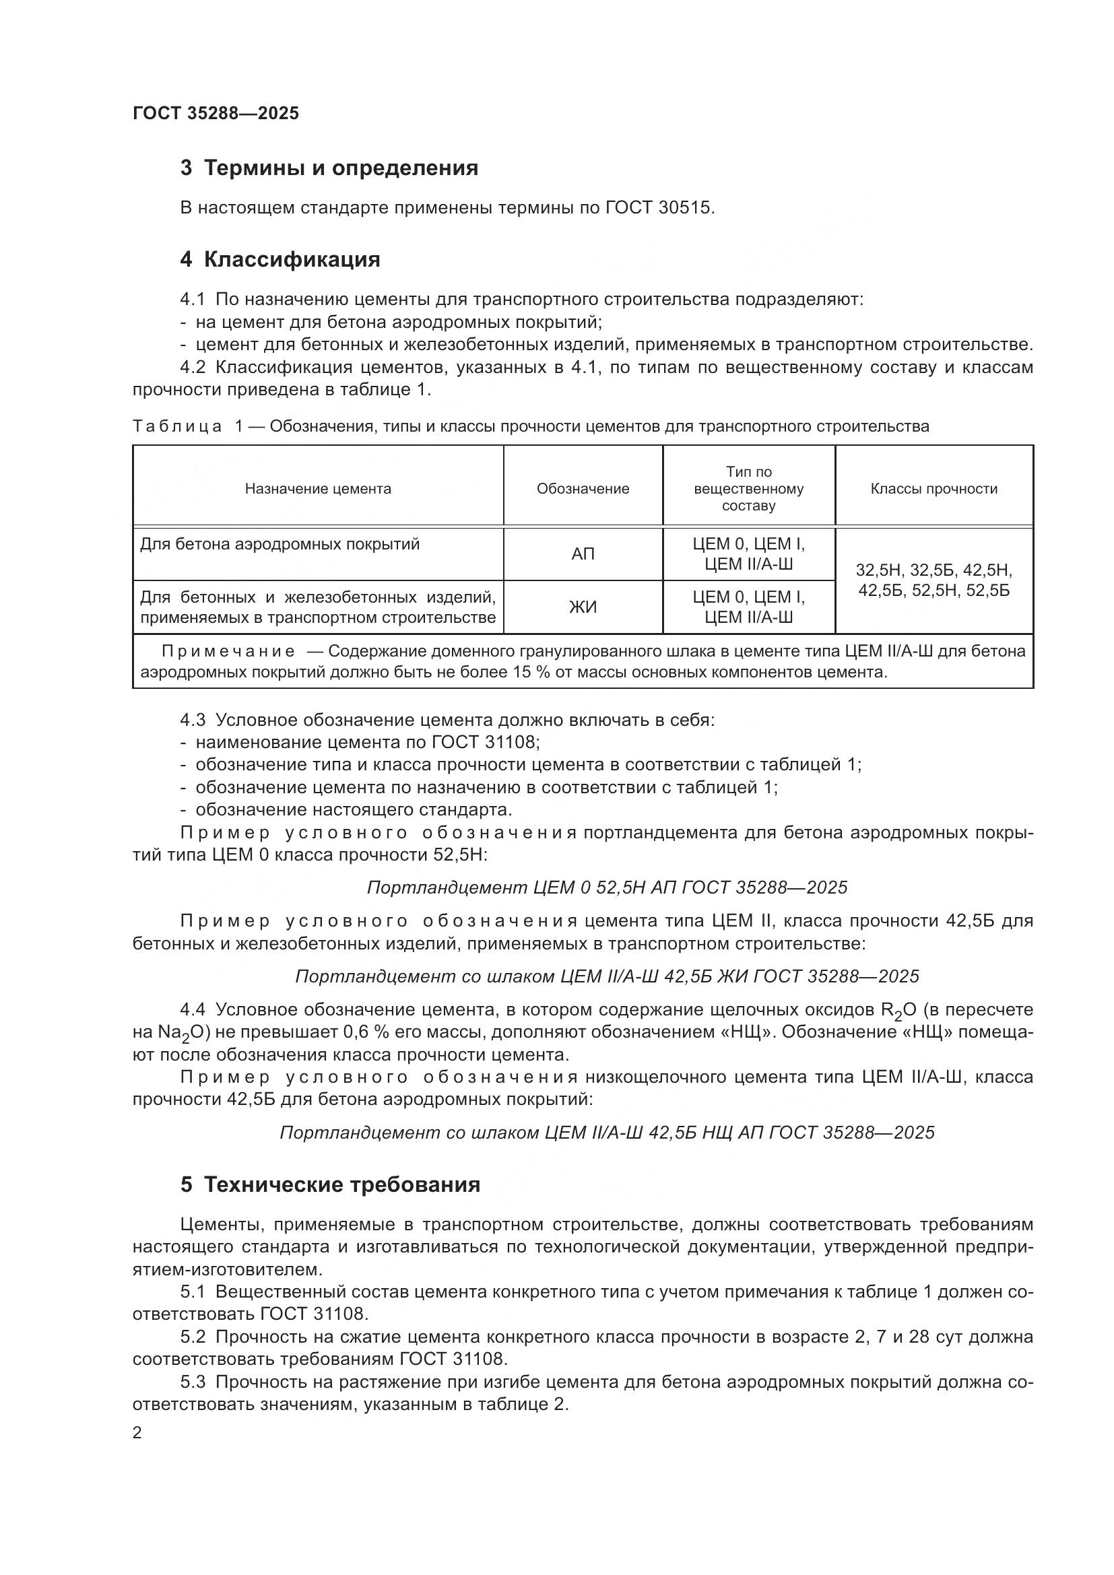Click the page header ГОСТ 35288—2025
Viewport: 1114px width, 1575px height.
(x=216, y=113)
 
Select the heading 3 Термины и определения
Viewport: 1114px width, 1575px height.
(x=329, y=168)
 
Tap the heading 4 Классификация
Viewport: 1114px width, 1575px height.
(x=280, y=259)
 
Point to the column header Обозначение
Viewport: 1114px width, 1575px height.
(x=583, y=488)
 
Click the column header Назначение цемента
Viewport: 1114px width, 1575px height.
(x=318, y=488)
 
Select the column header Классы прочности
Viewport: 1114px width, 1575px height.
(x=933, y=488)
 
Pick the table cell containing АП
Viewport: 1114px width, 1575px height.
(x=583, y=554)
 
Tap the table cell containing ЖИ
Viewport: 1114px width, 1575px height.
(x=583, y=607)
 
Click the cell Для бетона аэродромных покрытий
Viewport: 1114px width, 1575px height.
(x=280, y=544)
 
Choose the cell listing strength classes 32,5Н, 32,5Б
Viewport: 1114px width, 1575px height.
(x=933, y=580)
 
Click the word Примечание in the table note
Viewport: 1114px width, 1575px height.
(x=228, y=651)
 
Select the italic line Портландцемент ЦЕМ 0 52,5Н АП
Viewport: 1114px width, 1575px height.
(x=607, y=887)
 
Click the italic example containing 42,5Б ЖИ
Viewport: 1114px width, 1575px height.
(x=607, y=976)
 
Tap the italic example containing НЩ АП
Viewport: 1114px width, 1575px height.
(x=607, y=1133)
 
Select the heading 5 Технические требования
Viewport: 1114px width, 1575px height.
(x=330, y=1184)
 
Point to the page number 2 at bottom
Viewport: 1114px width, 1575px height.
(x=137, y=1433)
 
